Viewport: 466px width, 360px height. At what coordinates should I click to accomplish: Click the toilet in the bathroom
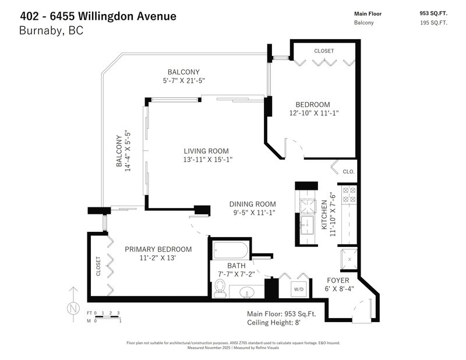(220, 288)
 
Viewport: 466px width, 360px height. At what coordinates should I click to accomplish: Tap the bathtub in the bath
(230, 250)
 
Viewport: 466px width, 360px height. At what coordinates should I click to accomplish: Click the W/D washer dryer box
(299, 290)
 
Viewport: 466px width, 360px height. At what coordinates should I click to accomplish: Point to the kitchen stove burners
(349, 194)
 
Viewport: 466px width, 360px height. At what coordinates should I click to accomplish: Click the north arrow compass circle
(73, 308)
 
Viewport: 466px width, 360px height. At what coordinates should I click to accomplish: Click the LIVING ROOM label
(206, 151)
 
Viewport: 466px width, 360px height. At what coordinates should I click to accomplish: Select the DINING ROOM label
(253, 204)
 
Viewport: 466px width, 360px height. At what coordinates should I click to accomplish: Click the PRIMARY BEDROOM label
(158, 249)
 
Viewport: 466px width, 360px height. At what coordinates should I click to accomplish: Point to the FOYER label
(338, 280)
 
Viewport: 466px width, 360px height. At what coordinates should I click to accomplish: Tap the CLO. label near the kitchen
(348, 171)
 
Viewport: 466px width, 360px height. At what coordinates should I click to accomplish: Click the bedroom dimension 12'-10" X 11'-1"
(314, 113)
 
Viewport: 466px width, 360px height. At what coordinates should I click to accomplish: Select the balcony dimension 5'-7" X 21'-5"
(184, 80)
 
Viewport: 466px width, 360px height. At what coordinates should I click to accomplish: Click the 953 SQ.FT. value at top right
(433, 13)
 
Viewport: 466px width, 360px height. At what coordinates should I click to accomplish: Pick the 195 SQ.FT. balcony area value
(433, 23)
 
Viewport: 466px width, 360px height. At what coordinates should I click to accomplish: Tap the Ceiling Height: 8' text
(274, 323)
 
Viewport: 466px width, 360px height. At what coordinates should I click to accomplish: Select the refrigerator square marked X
(349, 259)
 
